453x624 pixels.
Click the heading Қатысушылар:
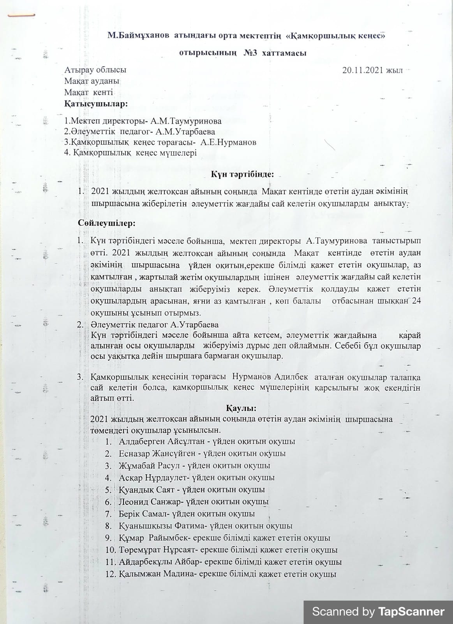[96, 104]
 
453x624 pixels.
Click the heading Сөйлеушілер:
[106, 223]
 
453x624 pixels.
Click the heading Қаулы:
[241, 408]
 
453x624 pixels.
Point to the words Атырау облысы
[95, 70]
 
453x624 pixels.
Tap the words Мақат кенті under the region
[89, 92]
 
